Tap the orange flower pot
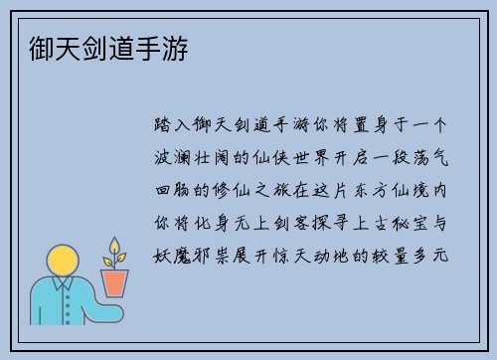coord(116,283)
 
